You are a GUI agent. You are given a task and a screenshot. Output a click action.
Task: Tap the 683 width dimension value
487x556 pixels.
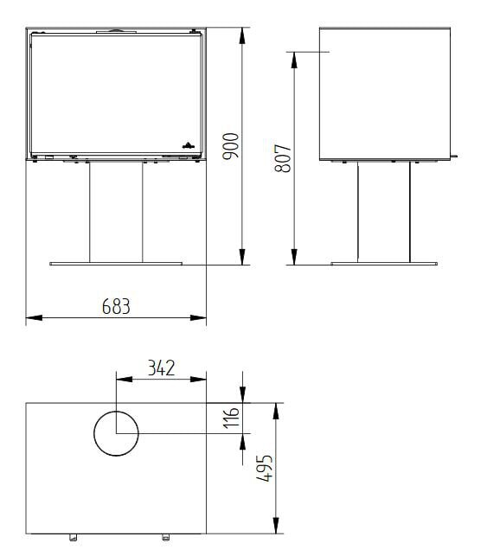(115, 306)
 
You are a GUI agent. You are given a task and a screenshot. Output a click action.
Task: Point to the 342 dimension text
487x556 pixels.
(161, 367)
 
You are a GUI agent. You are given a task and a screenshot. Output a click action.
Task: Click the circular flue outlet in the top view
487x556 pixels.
(115, 433)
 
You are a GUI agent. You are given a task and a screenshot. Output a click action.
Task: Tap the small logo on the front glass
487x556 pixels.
(188, 144)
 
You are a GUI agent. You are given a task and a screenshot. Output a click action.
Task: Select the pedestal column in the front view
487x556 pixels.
(115, 211)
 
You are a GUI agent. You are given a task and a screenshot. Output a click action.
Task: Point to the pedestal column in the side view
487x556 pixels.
(384, 211)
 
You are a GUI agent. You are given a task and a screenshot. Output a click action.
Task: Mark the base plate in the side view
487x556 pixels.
(384, 263)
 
